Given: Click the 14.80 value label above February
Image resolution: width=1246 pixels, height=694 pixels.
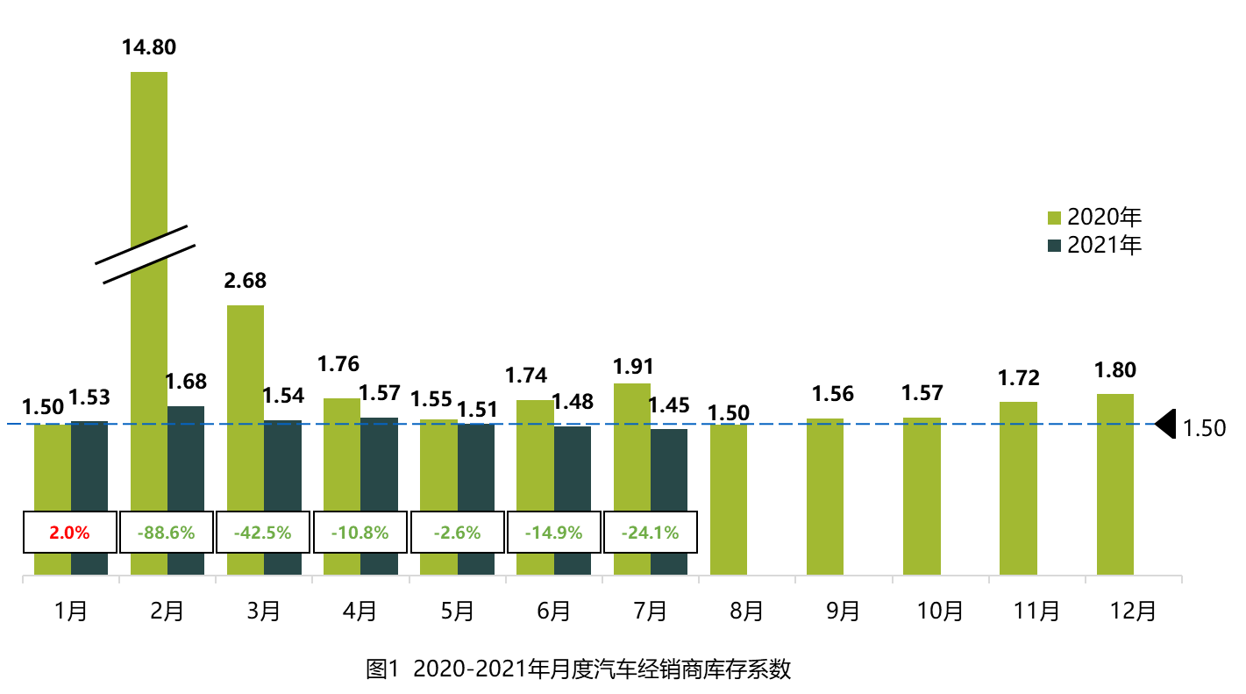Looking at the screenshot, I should [149, 47].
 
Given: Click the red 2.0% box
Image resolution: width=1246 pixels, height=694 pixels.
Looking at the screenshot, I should [69, 533].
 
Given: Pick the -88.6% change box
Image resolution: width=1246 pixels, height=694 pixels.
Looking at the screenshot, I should [167, 533].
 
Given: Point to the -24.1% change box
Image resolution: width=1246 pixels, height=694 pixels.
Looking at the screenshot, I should [650, 533].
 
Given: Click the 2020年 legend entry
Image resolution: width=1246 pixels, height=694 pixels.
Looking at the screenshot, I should [1095, 218].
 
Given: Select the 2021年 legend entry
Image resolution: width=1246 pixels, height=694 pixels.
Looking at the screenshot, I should [1095, 246].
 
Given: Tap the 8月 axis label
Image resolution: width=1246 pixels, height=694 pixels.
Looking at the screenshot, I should [746, 611].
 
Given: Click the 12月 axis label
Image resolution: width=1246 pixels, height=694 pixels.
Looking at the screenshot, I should [1133, 611].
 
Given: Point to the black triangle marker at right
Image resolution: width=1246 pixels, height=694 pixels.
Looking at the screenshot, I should [1166, 424].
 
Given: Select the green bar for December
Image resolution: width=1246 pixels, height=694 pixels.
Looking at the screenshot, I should [1114, 483].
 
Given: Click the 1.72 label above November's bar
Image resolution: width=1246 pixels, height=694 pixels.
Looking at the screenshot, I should [1018, 378].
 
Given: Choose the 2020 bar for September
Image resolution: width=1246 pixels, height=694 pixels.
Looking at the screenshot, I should [825, 496].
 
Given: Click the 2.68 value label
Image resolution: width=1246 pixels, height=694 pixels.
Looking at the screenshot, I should [245, 282].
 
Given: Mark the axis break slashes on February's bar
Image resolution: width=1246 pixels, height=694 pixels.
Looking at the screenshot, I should [146, 254].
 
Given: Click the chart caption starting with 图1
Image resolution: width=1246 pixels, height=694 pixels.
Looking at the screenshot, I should [579, 670].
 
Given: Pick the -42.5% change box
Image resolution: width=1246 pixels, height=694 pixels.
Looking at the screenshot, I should [263, 533].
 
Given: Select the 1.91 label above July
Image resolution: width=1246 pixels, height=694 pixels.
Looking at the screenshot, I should [633, 367].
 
